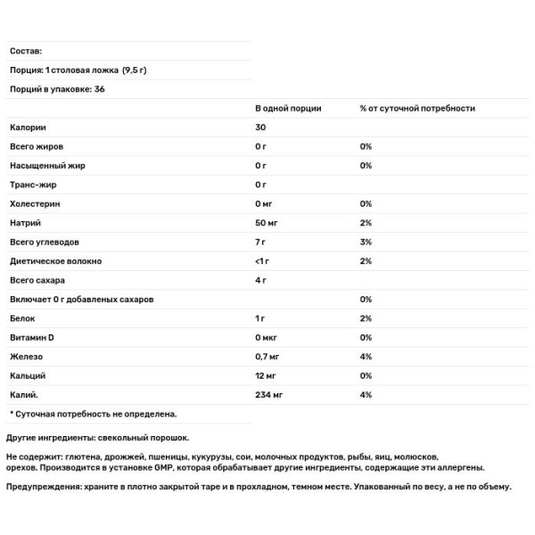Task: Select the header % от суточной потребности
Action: click(416, 108)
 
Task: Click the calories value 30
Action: click(260, 128)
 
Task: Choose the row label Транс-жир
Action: click(35, 185)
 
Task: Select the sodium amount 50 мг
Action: click(268, 223)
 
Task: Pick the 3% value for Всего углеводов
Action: click(366, 243)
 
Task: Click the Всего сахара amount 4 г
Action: click(261, 281)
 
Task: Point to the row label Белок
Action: click(22, 318)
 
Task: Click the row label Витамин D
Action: click(32, 338)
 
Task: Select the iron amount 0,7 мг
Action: click(271, 357)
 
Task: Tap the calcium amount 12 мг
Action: click(268, 376)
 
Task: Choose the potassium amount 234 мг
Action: click(271, 395)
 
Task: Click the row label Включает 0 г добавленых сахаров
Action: click(82, 300)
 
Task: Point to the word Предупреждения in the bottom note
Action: click(41, 487)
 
